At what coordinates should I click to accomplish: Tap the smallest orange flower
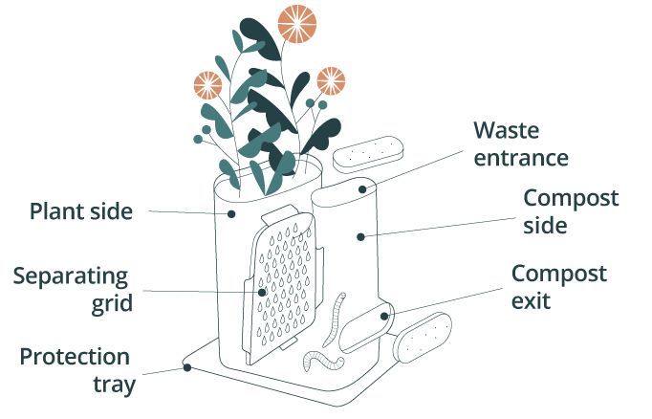[331, 79]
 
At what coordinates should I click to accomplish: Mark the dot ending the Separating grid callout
[263, 291]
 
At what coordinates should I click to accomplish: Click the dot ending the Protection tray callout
[186, 367]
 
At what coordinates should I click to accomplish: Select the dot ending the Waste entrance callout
[362, 189]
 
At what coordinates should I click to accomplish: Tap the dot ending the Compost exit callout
[384, 314]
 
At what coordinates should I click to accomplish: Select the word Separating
[71, 278]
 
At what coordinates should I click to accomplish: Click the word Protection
[75, 358]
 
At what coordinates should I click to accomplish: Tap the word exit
[531, 302]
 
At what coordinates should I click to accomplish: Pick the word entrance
[522, 157]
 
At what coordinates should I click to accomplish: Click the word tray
[107, 386]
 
